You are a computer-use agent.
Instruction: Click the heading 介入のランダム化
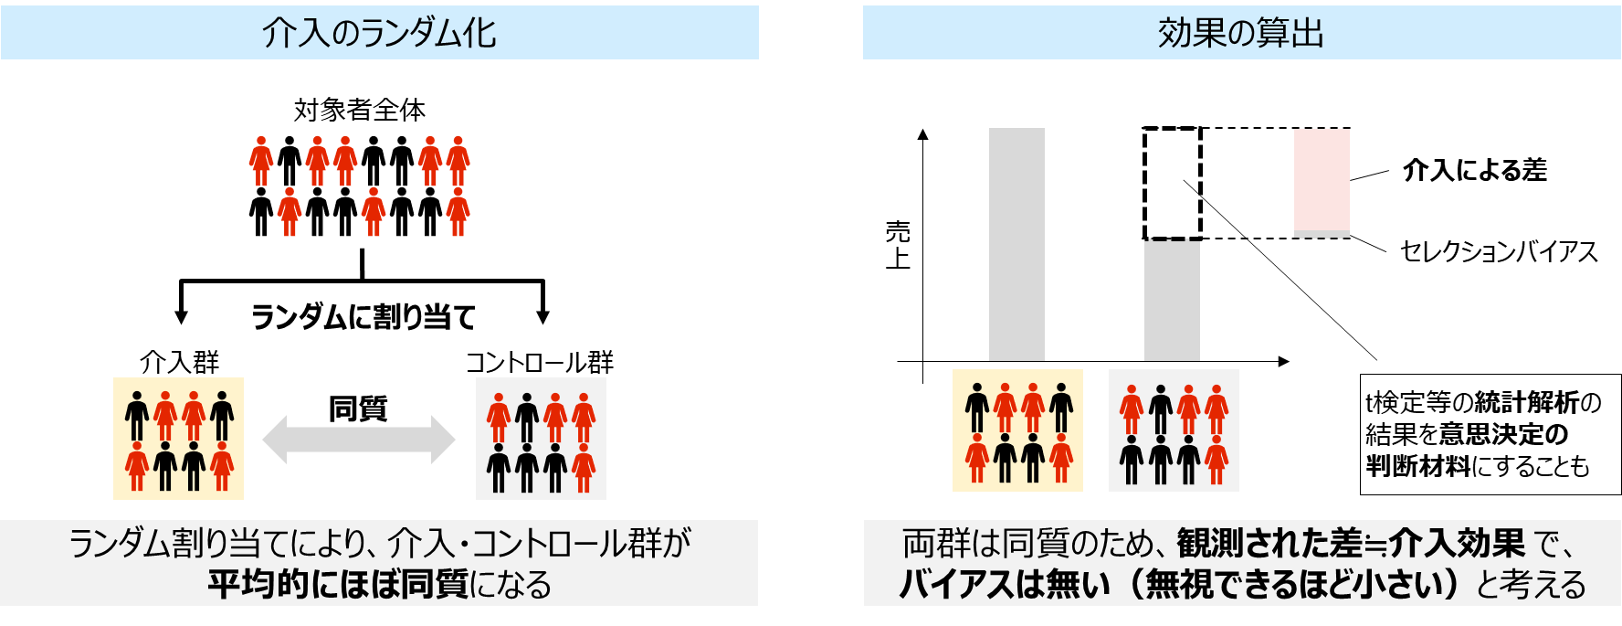coord(379,33)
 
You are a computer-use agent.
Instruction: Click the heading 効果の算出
coord(1241,33)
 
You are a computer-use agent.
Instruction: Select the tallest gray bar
coord(1016,244)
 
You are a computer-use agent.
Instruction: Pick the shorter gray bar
coord(1172,301)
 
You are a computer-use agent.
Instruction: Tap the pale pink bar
coord(1322,182)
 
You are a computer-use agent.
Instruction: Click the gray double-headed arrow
coord(359,440)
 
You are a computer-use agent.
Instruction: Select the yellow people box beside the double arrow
coord(178,439)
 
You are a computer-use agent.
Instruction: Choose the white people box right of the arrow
coord(541,439)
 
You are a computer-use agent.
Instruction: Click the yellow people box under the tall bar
coord(1017,430)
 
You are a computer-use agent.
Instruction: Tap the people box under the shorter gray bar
coord(1174,430)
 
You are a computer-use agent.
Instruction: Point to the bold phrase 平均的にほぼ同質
coord(338,584)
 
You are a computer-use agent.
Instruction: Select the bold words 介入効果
coord(1458,544)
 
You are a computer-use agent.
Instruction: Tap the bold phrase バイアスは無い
coord(1006,584)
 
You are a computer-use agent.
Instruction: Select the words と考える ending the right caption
coord(1532,584)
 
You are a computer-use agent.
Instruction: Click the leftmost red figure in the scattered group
coord(261,162)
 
